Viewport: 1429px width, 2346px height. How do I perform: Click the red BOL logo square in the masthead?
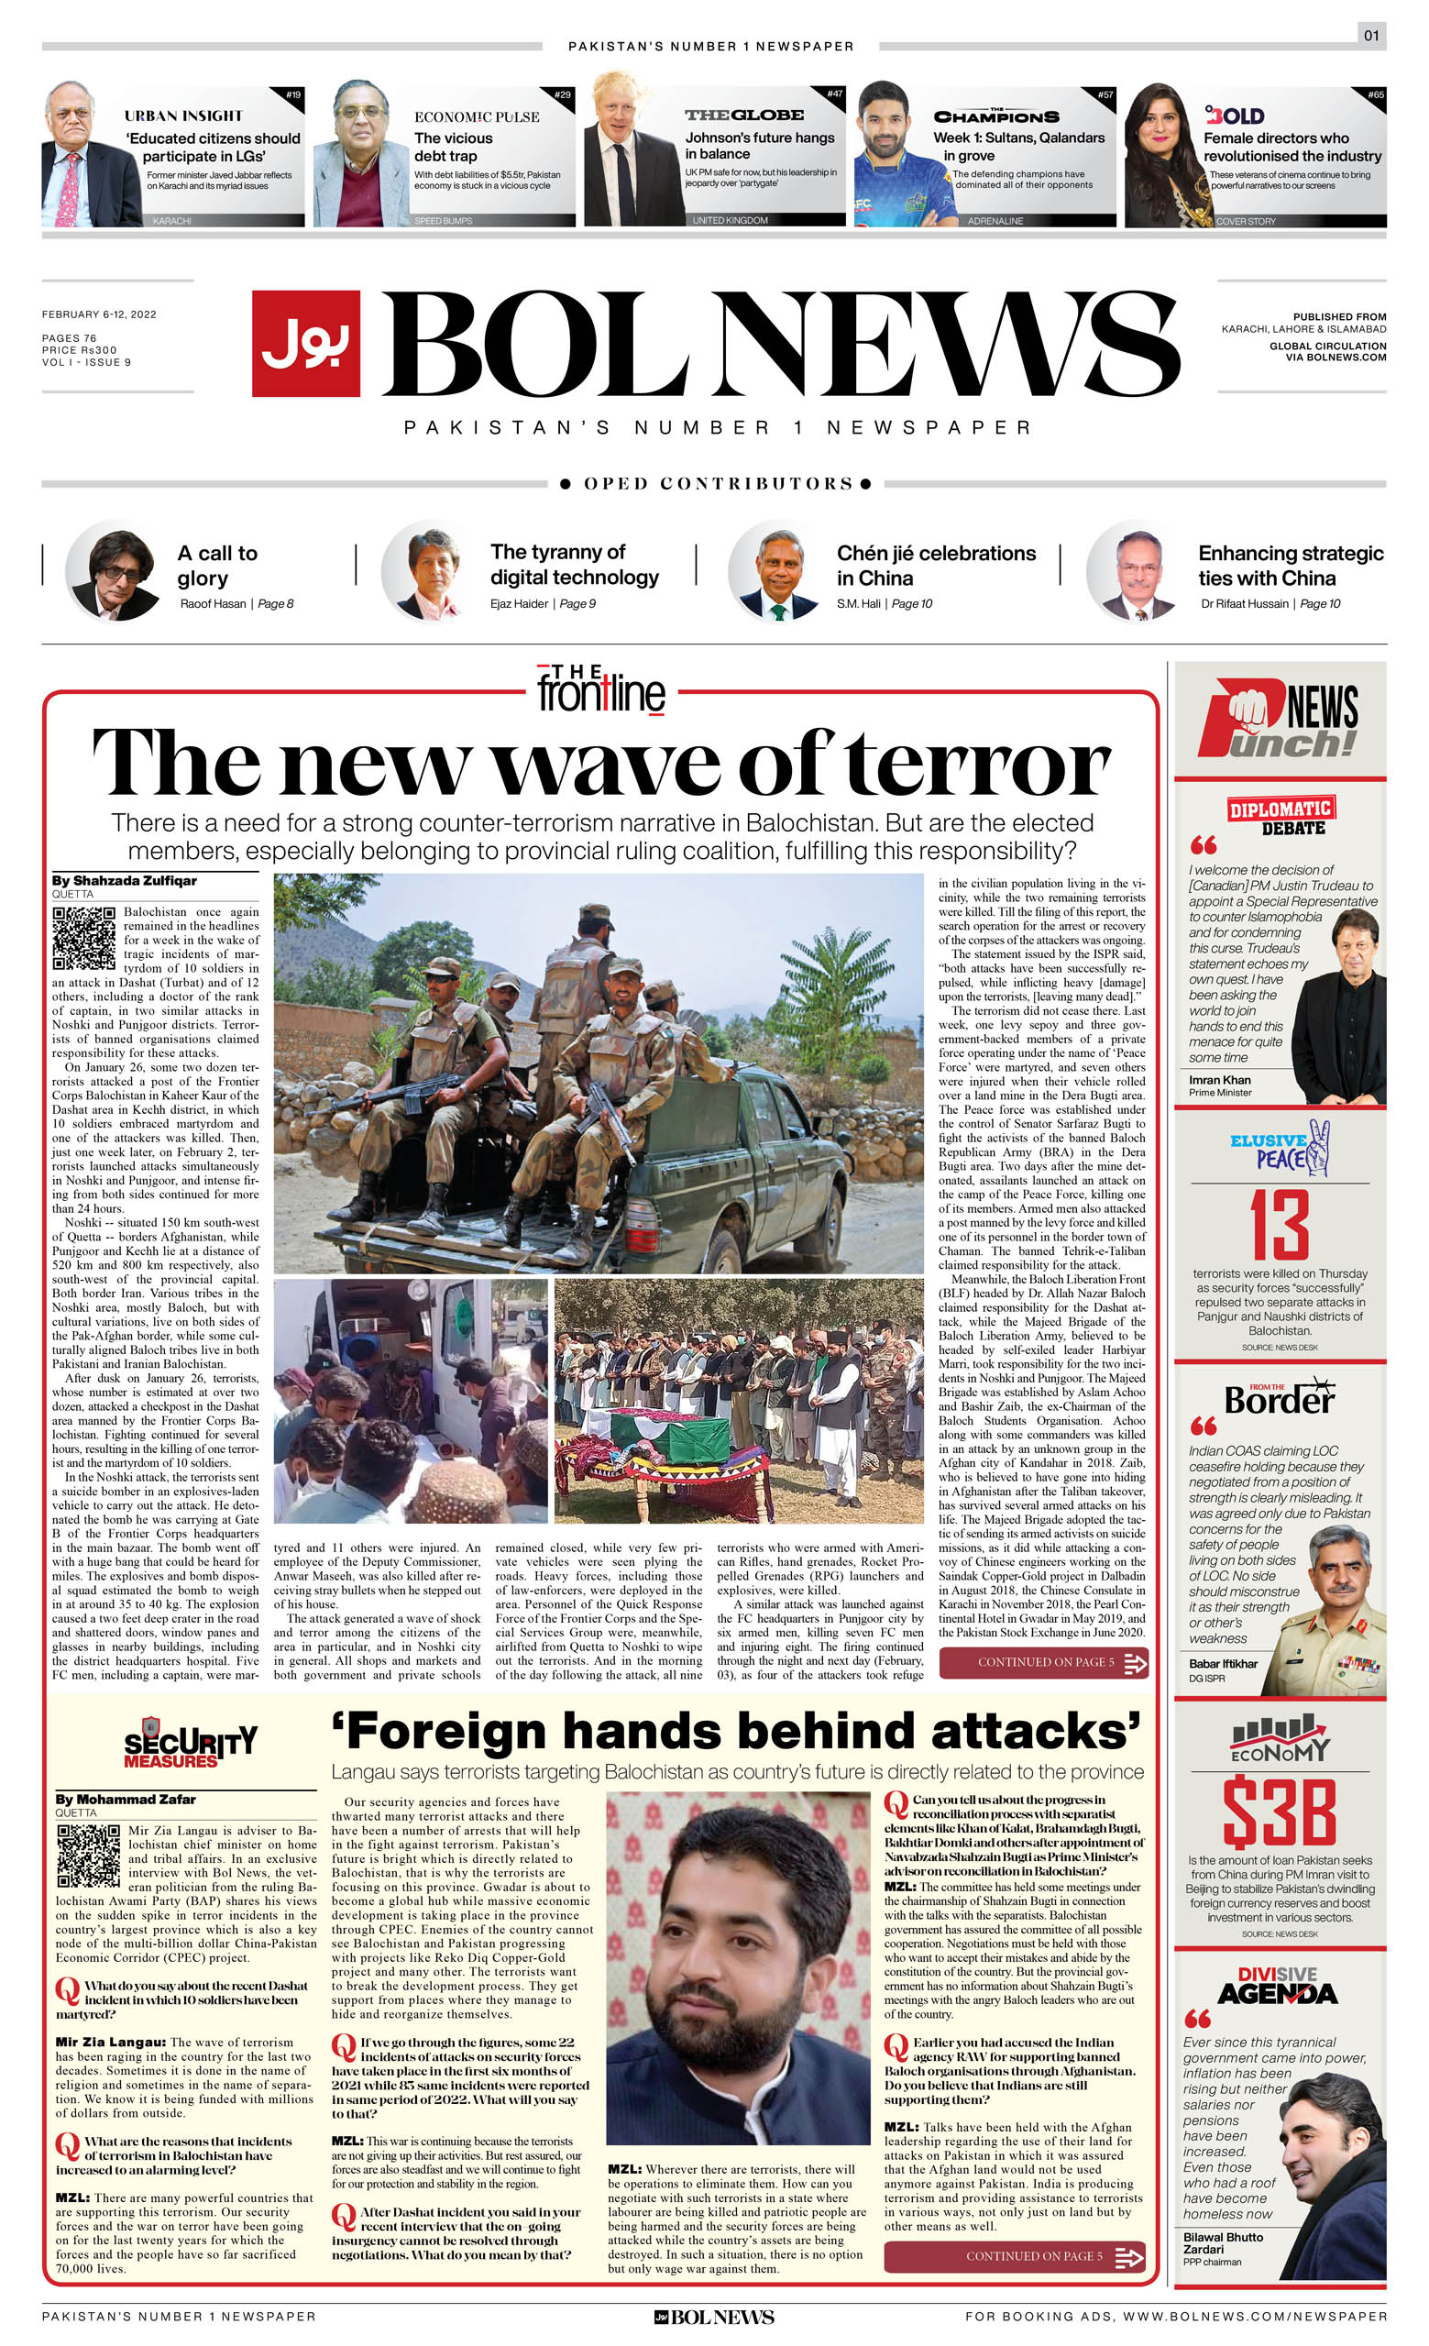305,343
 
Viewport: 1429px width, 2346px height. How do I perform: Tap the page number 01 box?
1371,36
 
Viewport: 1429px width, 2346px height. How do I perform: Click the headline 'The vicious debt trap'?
454,146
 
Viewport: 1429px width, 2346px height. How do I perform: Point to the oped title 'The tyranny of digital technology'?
574,565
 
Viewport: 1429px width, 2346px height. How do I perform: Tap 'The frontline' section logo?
601,689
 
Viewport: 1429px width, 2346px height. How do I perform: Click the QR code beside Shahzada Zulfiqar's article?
83,937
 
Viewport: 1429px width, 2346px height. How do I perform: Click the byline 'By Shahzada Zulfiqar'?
124,881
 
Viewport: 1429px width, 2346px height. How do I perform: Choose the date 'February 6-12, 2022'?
99,314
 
